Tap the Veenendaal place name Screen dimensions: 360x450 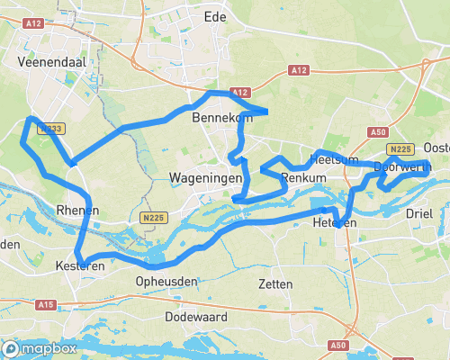(x=50, y=63)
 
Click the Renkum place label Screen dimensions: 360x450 (x=302, y=179)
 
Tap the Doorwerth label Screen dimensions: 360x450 (x=397, y=167)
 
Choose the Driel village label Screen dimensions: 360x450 (x=419, y=213)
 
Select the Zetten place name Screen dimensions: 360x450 (x=274, y=283)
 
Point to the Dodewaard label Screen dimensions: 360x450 (x=195, y=318)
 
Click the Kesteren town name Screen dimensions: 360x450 (x=79, y=266)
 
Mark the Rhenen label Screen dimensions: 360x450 (x=77, y=210)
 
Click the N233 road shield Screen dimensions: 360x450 (x=49, y=130)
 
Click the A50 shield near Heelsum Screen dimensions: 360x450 (x=378, y=131)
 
